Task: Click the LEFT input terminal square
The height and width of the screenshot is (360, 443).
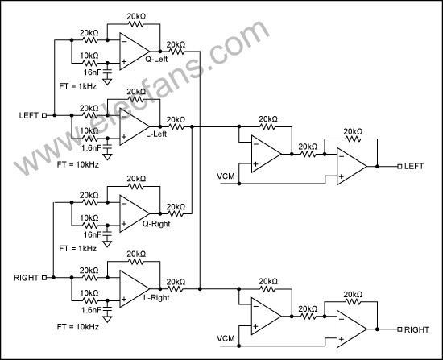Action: (44, 115)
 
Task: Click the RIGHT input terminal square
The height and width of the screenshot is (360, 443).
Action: (44, 278)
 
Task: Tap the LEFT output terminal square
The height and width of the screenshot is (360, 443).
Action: (400, 167)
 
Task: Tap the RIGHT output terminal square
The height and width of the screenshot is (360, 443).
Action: (400, 329)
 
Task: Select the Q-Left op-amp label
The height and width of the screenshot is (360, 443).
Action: (156, 59)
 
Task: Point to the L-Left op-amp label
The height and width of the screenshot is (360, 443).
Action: (156, 134)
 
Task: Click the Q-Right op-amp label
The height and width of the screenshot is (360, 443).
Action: (156, 224)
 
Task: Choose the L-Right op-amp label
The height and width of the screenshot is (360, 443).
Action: (156, 298)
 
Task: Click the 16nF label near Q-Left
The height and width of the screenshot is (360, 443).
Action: (92, 72)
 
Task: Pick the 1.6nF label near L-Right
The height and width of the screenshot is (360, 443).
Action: (91, 310)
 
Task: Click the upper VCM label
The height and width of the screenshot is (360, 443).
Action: (226, 176)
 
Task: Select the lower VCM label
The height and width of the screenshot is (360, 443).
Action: (226, 338)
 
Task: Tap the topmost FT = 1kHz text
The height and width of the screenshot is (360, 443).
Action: (77, 86)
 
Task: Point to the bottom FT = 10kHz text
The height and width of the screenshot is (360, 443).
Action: (77, 327)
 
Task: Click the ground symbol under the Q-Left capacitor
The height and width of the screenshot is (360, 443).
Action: (107, 81)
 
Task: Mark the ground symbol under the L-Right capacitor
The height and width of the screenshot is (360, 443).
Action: (107, 319)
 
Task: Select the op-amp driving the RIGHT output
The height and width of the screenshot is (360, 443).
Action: (352, 329)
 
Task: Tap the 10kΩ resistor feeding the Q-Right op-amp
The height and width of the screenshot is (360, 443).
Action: (90, 226)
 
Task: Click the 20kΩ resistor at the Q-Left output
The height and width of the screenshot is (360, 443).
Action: (176, 52)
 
